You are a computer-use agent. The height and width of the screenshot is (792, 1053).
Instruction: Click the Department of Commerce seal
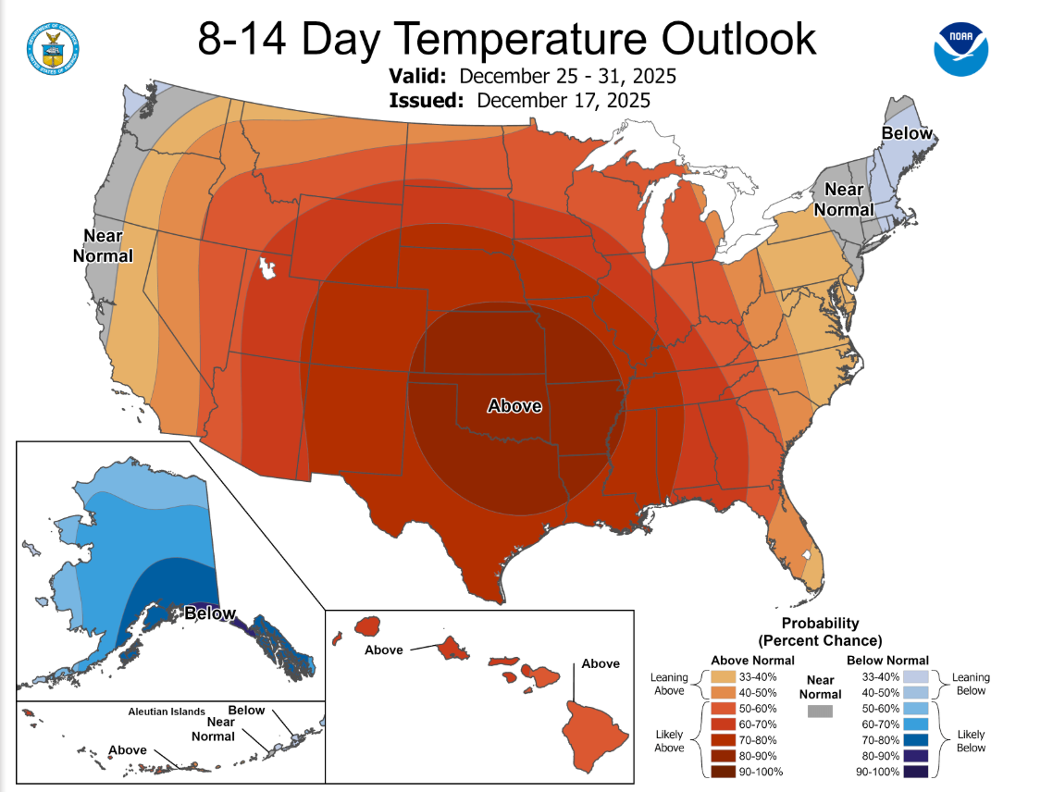(x=54, y=46)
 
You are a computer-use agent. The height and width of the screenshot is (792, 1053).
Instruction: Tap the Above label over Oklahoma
(x=514, y=405)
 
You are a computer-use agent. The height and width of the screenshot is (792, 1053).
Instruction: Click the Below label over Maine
(x=907, y=134)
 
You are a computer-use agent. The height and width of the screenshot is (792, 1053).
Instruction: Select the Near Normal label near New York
(x=844, y=199)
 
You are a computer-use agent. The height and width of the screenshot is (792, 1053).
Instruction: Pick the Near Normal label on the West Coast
(x=103, y=245)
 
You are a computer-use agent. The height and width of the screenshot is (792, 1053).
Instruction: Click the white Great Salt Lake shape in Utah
(x=267, y=270)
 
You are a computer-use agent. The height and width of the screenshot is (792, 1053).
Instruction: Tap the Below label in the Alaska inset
(x=210, y=613)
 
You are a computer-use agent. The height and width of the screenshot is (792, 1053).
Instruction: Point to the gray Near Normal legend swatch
(x=819, y=712)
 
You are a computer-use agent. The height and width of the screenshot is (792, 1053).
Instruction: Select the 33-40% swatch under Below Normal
(x=917, y=676)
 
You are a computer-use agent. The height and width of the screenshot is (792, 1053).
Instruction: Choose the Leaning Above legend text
(x=669, y=684)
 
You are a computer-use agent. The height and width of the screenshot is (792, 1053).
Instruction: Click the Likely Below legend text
(x=972, y=741)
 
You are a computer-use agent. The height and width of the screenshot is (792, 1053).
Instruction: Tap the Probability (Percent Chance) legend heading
(x=821, y=632)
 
